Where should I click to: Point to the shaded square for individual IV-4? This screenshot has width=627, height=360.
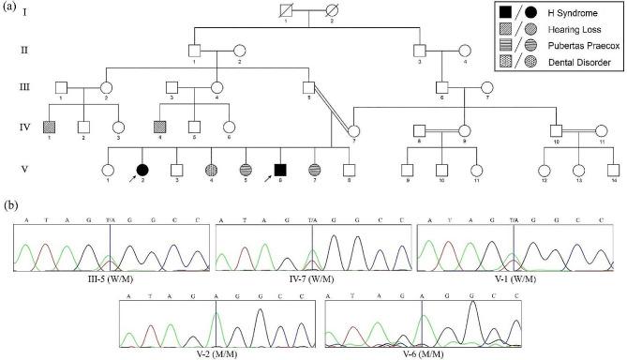pyautogui.click(x=160, y=127)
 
